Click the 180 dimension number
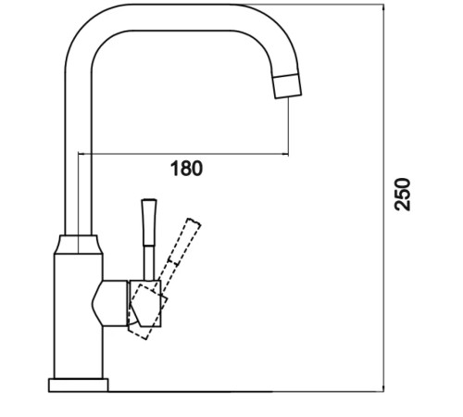(x=187, y=169)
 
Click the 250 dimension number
(x=403, y=195)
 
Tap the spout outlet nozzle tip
(x=287, y=86)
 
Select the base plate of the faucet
(x=79, y=385)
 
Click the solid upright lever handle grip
(x=149, y=222)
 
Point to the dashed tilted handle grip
(x=184, y=241)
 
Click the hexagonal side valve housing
(x=109, y=303)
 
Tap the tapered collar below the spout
(x=79, y=245)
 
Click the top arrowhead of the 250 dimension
(x=383, y=6)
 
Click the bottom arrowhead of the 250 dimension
(x=383, y=388)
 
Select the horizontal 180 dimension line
(x=183, y=154)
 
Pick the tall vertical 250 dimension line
(x=383, y=198)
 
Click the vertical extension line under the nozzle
(x=288, y=126)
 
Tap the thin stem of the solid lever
(x=149, y=263)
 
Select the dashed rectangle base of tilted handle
(x=147, y=312)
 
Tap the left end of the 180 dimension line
(x=79, y=154)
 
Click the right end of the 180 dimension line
(x=288, y=154)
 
